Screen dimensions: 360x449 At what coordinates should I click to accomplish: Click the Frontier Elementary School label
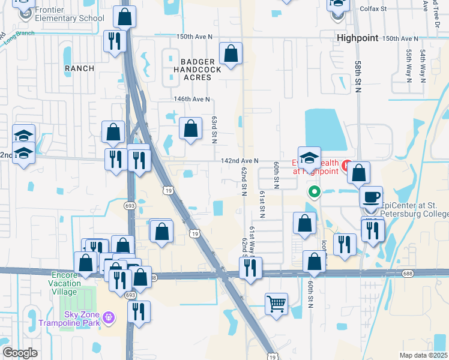pyautogui.click(x=70, y=13)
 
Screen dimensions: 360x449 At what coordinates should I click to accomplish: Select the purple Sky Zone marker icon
pyautogui.click(x=109, y=316)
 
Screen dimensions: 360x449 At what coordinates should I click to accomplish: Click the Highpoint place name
pyautogui.click(x=358, y=37)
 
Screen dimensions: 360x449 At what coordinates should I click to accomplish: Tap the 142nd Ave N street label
pyautogui.click(x=239, y=161)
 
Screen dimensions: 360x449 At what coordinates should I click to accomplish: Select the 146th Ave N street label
pyautogui.click(x=192, y=99)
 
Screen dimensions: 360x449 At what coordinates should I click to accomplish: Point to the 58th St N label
pyautogui.click(x=358, y=75)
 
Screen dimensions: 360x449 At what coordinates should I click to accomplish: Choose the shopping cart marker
pyautogui.click(x=276, y=304)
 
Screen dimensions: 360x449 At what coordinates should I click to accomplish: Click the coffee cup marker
pyautogui.click(x=371, y=197)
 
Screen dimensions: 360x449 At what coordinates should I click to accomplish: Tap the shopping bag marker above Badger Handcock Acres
pyautogui.click(x=231, y=54)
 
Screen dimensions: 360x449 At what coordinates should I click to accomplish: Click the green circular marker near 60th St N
pyautogui.click(x=313, y=193)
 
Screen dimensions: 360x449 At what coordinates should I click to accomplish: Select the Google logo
pyautogui.click(x=20, y=353)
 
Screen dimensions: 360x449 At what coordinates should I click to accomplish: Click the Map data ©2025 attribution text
pyautogui.click(x=423, y=355)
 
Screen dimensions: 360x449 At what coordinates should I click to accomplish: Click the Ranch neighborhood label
pyautogui.click(x=79, y=68)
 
